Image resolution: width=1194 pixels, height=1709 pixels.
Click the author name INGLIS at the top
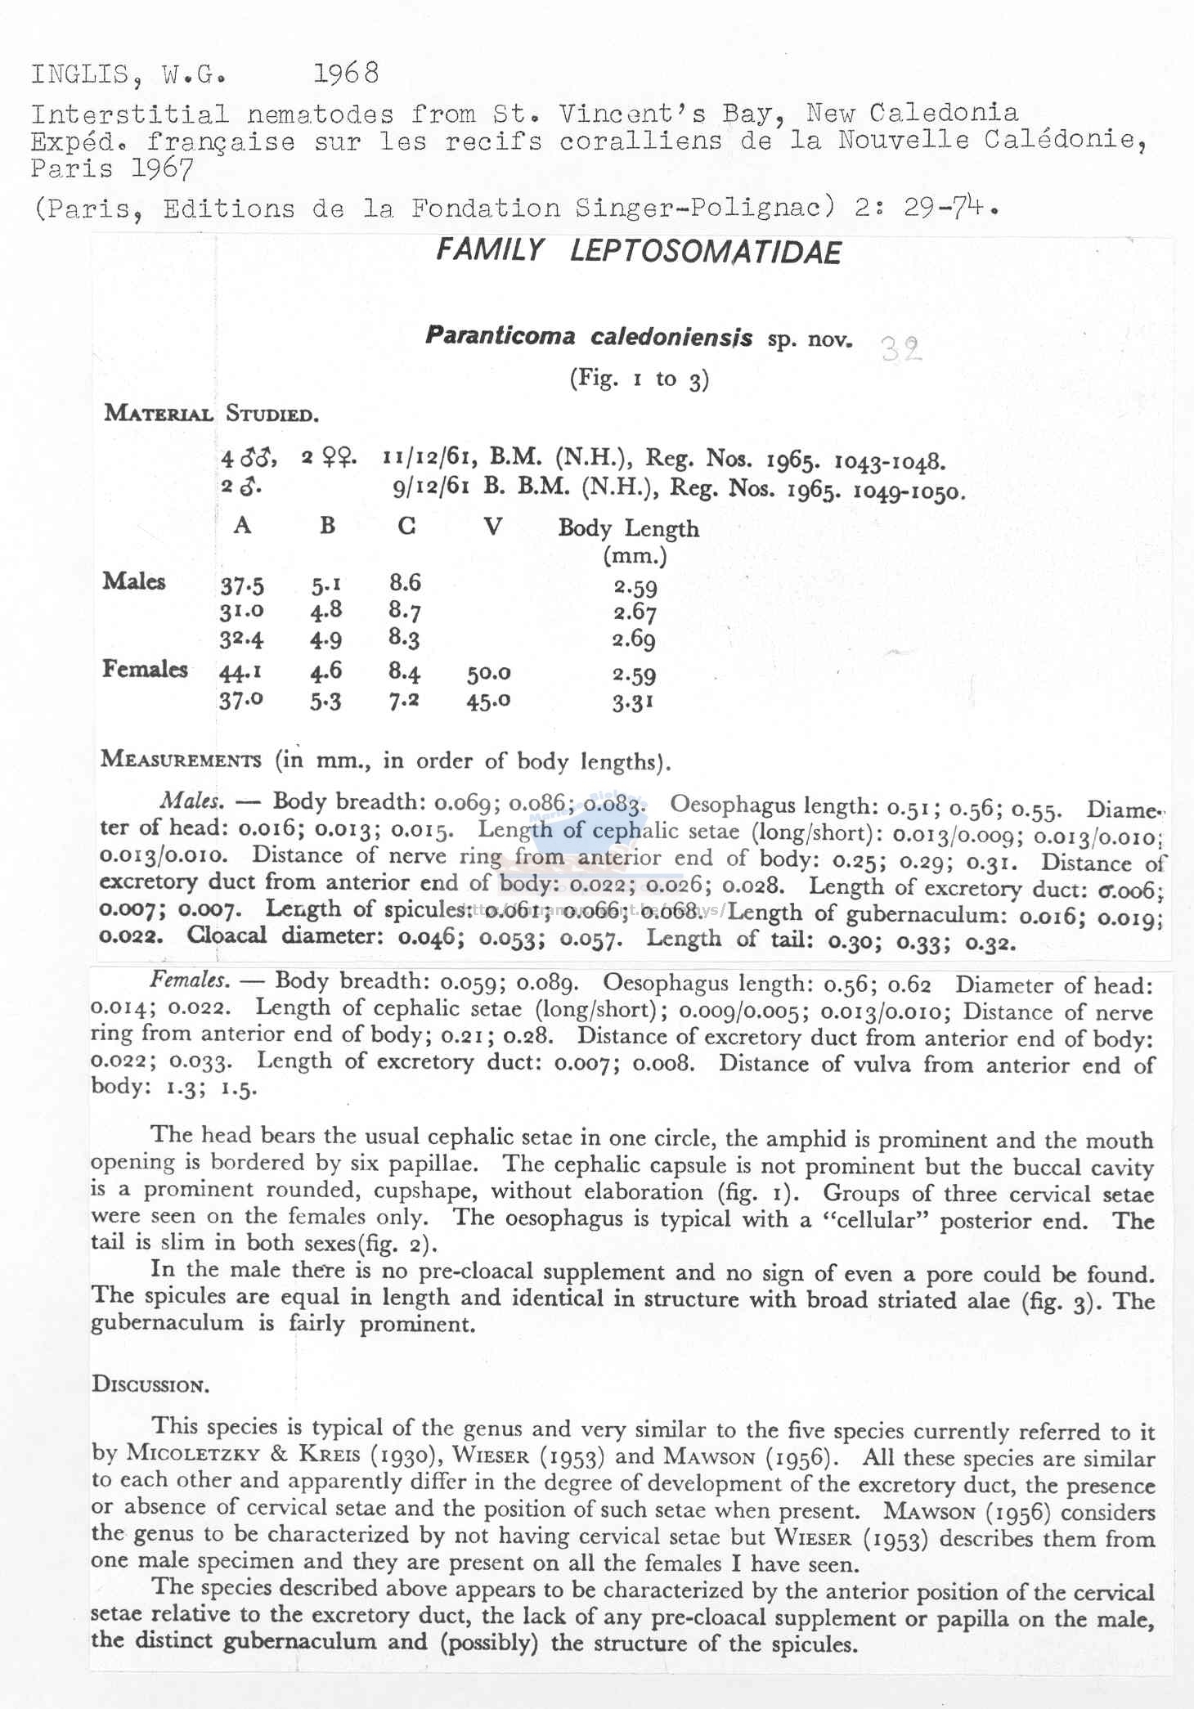coord(79,74)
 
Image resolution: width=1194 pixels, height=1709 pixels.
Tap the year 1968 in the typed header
coord(347,74)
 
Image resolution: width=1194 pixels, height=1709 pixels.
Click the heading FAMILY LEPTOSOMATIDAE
coord(638,251)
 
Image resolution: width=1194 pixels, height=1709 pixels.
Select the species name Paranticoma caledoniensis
coord(589,336)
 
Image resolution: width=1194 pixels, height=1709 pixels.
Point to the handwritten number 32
coord(901,350)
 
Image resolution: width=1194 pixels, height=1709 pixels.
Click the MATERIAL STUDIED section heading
coord(211,413)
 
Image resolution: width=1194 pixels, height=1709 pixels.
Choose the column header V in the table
coord(492,526)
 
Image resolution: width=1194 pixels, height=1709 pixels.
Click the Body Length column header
coord(628,529)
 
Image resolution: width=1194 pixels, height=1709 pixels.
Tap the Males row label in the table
coord(134,581)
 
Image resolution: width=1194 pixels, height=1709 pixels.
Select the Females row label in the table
coord(145,669)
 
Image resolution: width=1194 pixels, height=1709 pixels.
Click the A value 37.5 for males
coord(242,585)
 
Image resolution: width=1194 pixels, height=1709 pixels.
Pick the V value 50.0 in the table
coord(489,673)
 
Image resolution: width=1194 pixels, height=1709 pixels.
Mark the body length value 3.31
coord(633,702)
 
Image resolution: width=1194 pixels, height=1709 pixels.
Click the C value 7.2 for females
coord(404,701)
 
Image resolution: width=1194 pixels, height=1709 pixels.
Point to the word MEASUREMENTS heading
coord(181,759)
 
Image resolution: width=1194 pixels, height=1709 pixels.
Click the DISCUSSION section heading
coord(150,1384)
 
